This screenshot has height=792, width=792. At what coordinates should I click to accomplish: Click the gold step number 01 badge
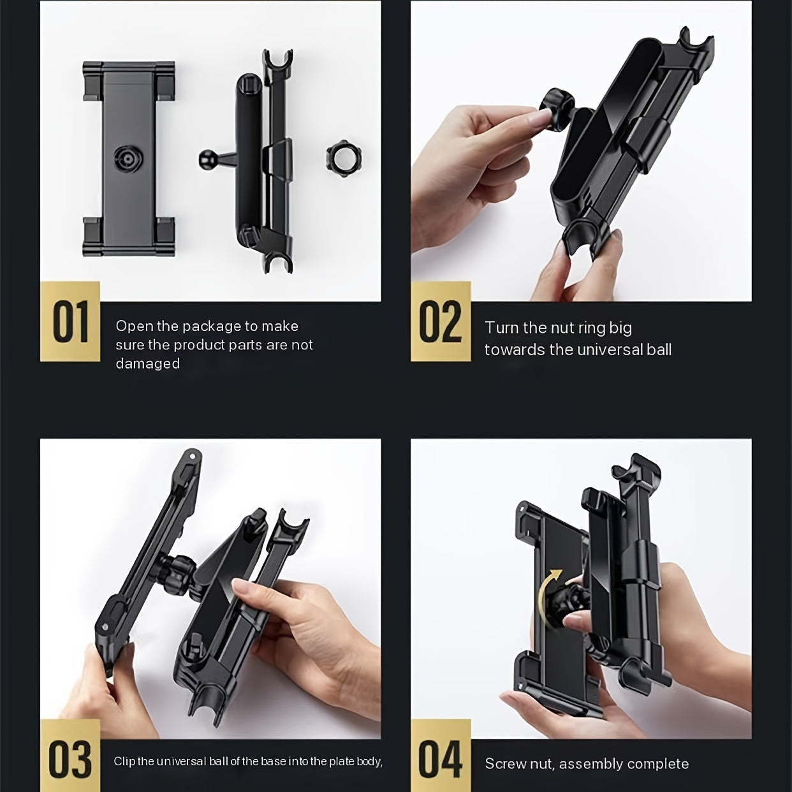[x=70, y=321]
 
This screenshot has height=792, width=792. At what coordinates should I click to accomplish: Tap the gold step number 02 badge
[x=441, y=321]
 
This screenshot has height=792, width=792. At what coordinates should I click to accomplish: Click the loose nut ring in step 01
[x=341, y=159]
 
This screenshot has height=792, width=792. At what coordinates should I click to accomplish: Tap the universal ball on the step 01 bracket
[x=206, y=158]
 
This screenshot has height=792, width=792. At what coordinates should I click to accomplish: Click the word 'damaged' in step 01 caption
[x=147, y=363]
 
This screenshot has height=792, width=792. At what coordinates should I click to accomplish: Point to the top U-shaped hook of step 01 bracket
[x=278, y=62]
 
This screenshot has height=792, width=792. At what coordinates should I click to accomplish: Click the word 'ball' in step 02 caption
[x=659, y=349]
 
